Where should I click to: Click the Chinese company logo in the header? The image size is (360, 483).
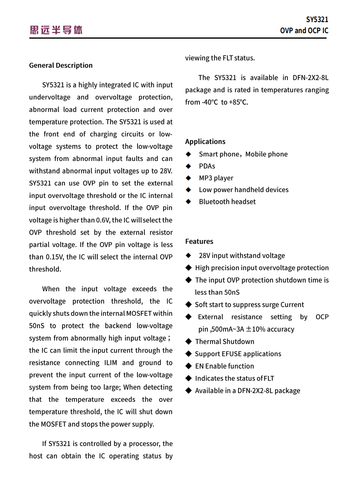pos(56,30)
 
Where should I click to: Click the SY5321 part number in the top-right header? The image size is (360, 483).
pos(317,20)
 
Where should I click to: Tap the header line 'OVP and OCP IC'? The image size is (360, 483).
pos(304,31)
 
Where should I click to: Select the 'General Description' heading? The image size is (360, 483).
pos(61,65)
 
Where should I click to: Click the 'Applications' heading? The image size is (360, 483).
pos(205,142)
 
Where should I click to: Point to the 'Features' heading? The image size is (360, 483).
pos(199,241)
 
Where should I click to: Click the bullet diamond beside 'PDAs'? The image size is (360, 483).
pos(188,166)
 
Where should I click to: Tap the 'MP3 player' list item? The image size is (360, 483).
pos(216,178)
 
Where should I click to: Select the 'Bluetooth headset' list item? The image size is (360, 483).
pos(227,202)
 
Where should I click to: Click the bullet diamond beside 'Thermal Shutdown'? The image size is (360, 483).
pos(188,342)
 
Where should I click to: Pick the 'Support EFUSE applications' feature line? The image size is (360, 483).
pos(238,354)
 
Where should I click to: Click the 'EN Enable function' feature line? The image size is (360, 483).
pos(224,366)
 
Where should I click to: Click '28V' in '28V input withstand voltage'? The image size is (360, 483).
pos(204,256)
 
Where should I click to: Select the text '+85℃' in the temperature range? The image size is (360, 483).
pos(238,102)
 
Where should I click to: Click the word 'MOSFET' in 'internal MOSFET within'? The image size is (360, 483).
pos(139,313)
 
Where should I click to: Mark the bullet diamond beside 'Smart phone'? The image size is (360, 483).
pos(188,154)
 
